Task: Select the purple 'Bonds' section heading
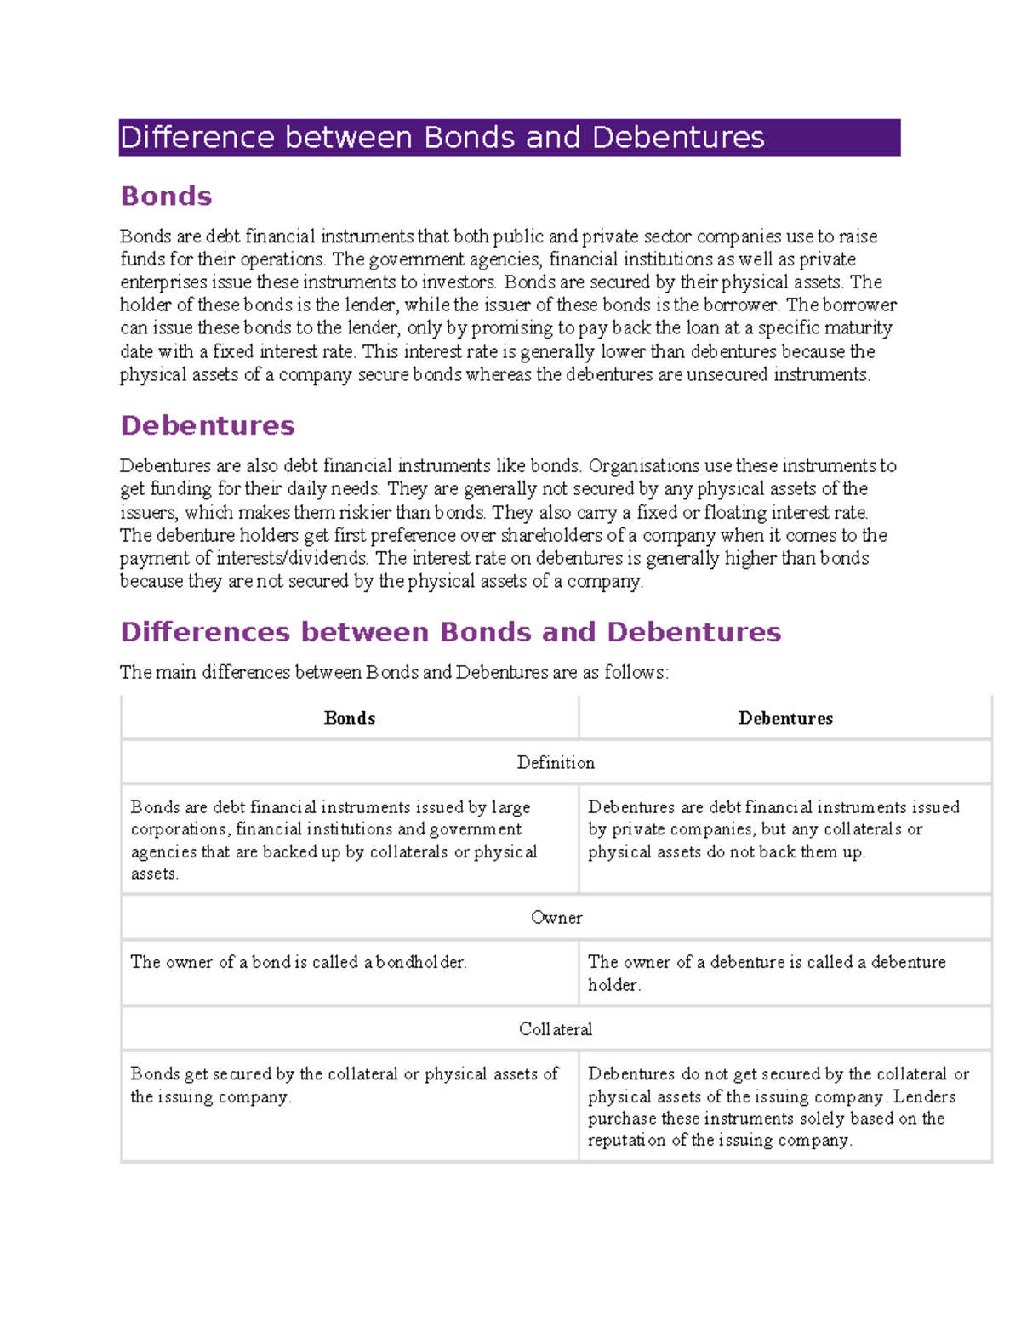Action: pos(166,196)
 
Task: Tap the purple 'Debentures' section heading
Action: pos(208,425)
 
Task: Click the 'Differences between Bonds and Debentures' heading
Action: pos(450,632)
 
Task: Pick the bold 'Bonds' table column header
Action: pos(350,719)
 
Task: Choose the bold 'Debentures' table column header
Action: pos(785,719)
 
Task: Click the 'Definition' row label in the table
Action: pos(556,763)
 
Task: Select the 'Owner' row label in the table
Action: pos(556,918)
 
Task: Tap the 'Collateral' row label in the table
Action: pos(556,1029)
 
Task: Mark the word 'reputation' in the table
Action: pos(626,1141)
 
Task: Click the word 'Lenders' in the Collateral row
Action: pos(924,1096)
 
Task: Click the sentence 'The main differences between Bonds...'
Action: pos(394,673)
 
